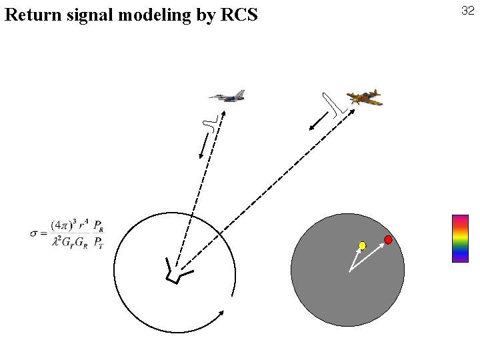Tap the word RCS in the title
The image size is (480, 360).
pyautogui.click(x=237, y=14)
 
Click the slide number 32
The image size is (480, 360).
pyautogui.click(x=467, y=11)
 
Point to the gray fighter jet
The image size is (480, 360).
pyautogui.click(x=227, y=97)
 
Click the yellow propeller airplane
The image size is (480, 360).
pyautogui.click(x=363, y=98)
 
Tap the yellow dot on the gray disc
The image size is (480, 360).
pyautogui.click(x=362, y=245)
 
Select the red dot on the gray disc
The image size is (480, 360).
pyautogui.click(x=388, y=239)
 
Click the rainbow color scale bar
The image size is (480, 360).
pyautogui.click(x=460, y=238)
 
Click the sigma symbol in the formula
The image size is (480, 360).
pyautogui.click(x=35, y=233)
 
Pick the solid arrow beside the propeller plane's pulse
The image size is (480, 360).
pyautogui.click(x=319, y=121)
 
